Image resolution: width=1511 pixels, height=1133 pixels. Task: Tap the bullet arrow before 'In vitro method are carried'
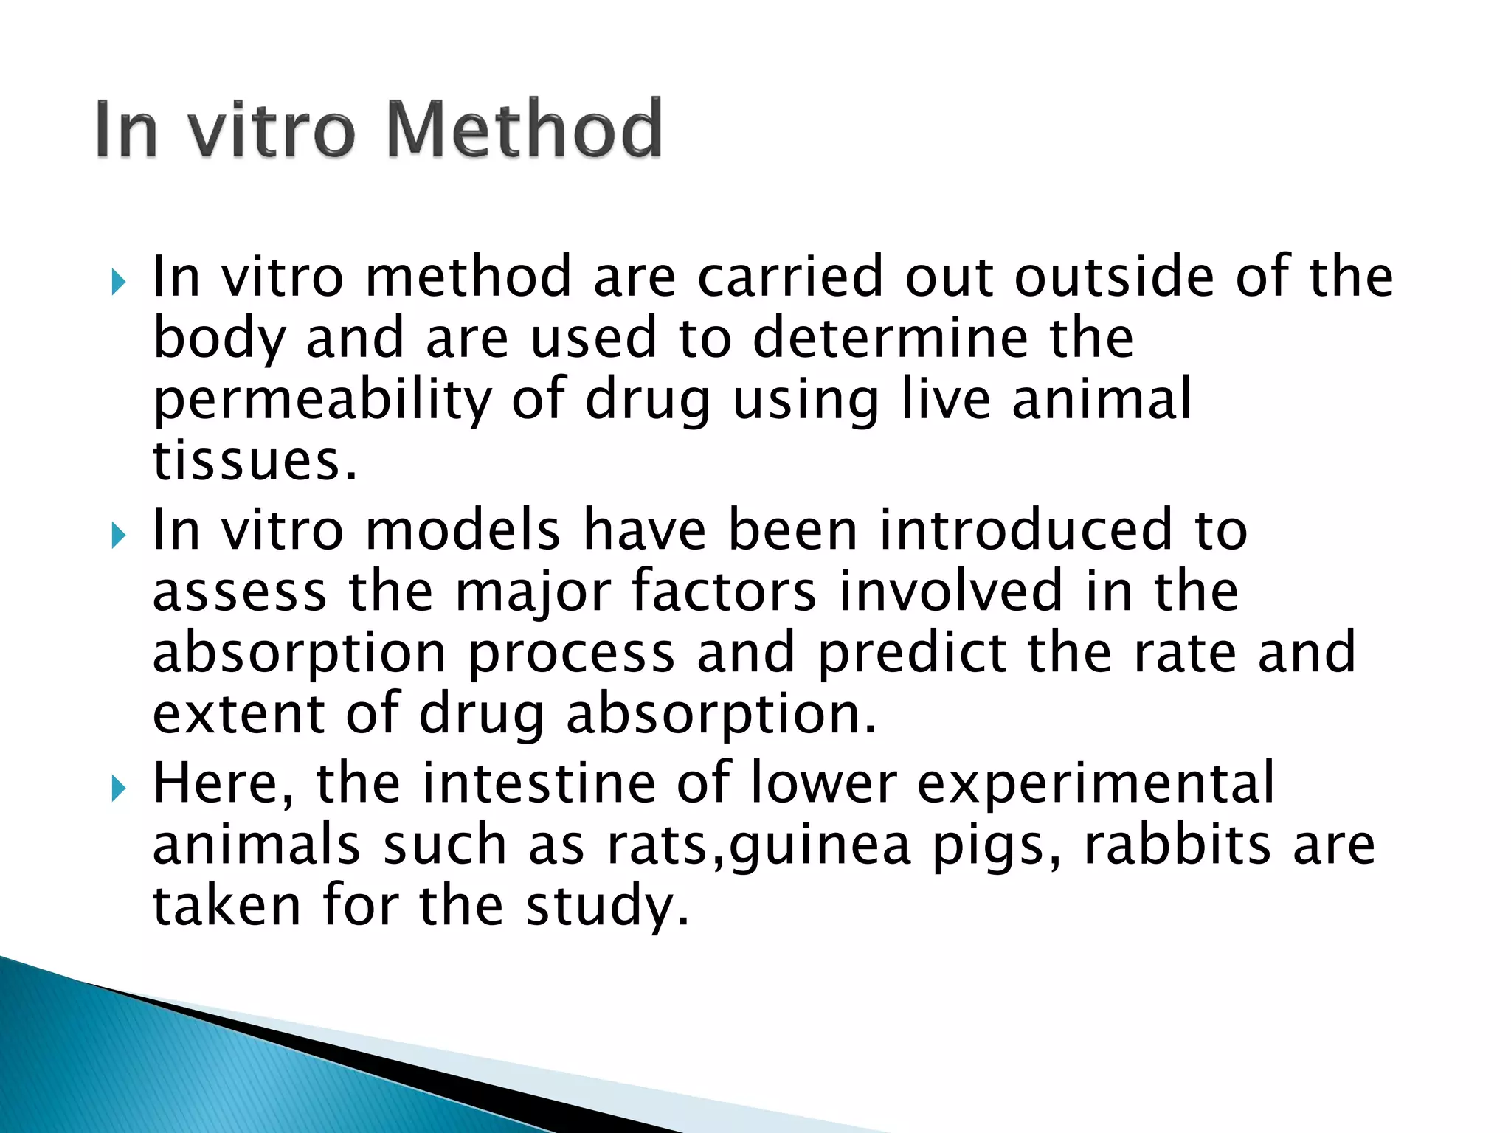119,281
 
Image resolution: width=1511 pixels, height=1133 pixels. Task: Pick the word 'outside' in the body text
1115,277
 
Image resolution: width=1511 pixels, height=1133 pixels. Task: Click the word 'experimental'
1096,784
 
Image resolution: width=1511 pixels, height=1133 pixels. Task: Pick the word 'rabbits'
1178,845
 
